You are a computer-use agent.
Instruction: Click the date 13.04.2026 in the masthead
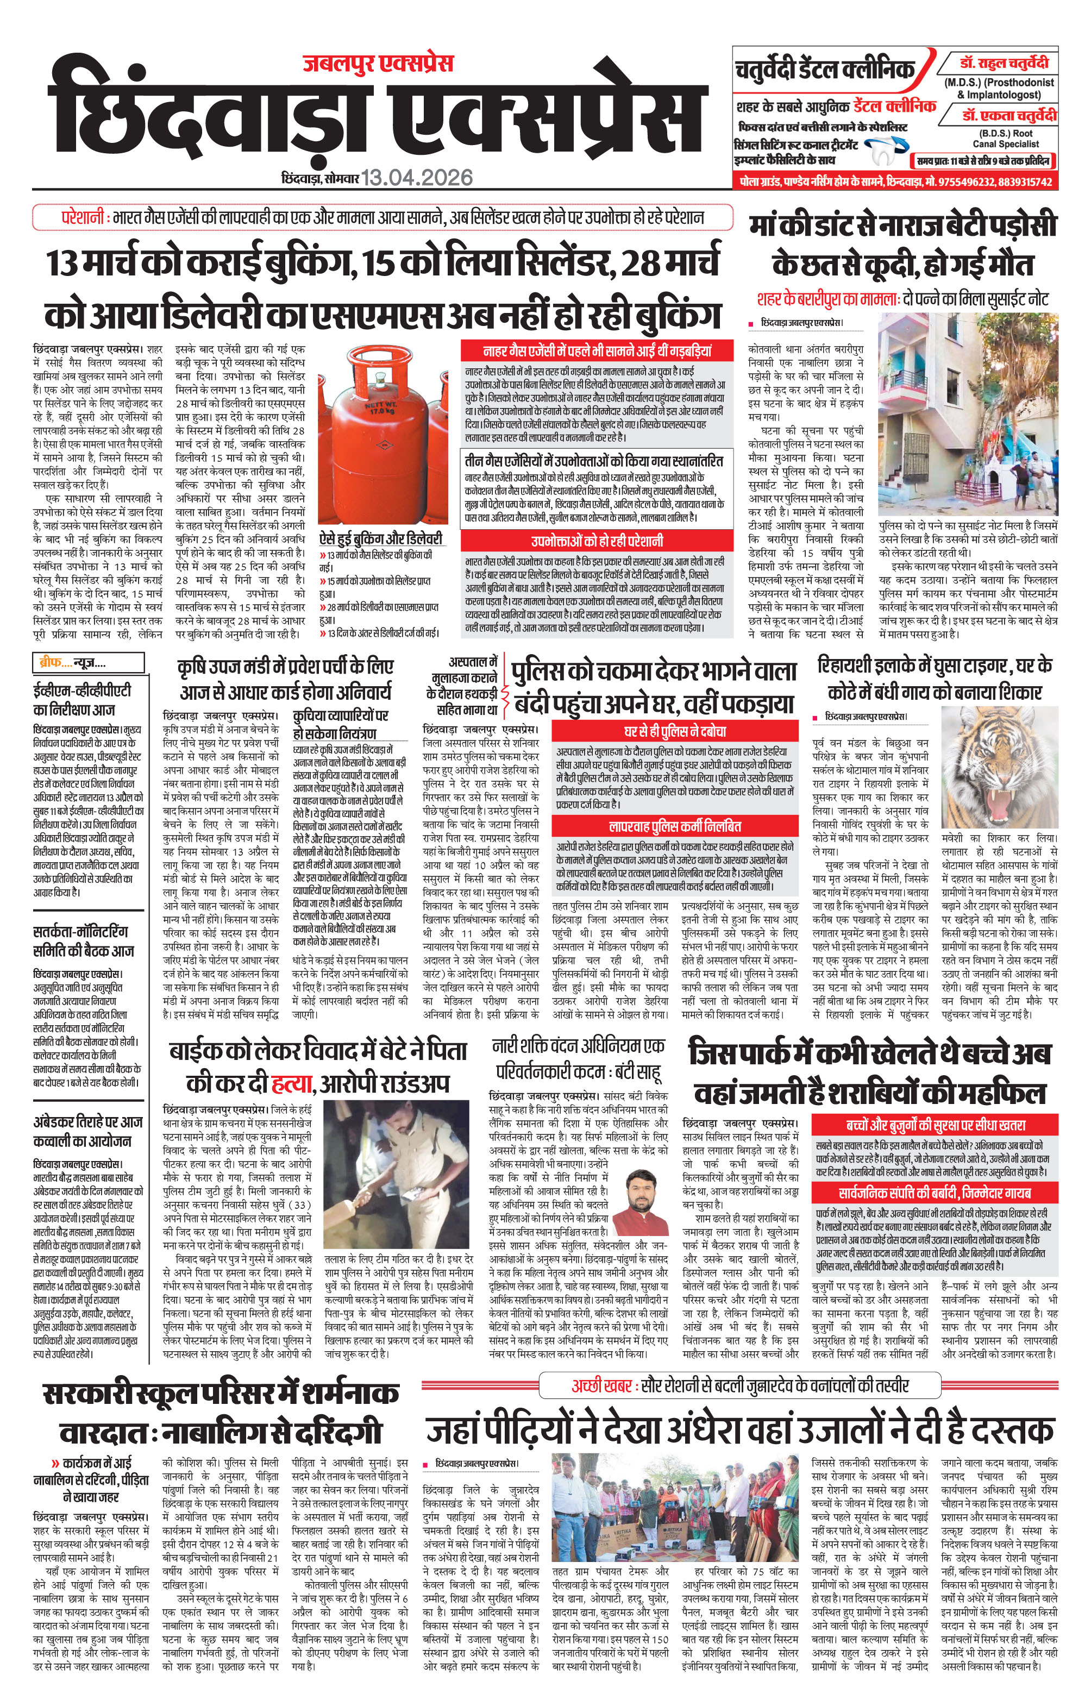[x=417, y=177]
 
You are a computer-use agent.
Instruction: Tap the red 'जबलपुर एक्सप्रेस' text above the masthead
[x=378, y=64]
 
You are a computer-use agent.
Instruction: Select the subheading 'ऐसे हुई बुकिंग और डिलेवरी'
[x=380, y=539]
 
